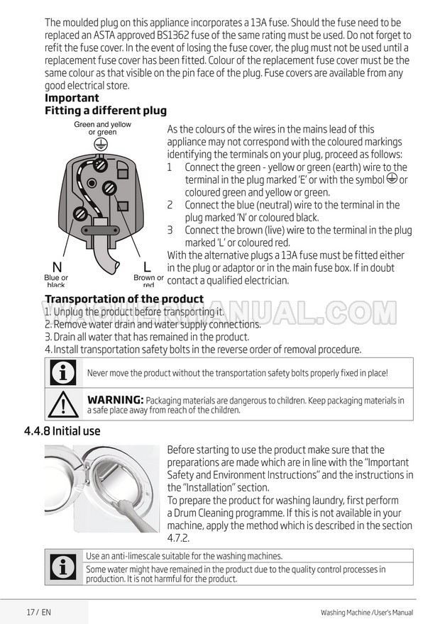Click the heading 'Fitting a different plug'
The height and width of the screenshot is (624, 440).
tap(106, 111)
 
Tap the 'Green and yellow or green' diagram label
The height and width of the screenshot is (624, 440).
tap(102, 128)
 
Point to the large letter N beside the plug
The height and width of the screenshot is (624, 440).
tap(57, 267)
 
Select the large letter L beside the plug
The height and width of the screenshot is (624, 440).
tap(147, 267)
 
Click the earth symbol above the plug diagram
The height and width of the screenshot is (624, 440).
tap(102, 143)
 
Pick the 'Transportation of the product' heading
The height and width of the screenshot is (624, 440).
tap(124, 299)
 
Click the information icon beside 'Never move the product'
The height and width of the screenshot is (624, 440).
tap(63, 373)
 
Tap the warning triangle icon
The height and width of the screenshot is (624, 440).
tap(63, 405)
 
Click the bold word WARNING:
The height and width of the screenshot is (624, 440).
tap(115, 401)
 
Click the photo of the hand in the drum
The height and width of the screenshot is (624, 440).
tap(102, 489)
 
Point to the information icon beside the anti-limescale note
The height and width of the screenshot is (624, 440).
tap(63, 567)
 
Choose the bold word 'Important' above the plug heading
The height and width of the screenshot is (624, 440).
tap(72, 98)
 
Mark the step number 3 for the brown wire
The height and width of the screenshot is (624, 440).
tap(170, 230)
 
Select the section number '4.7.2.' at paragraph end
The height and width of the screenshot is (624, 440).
tap(180, 538)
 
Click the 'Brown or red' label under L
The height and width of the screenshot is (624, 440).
tap(148, 282)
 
